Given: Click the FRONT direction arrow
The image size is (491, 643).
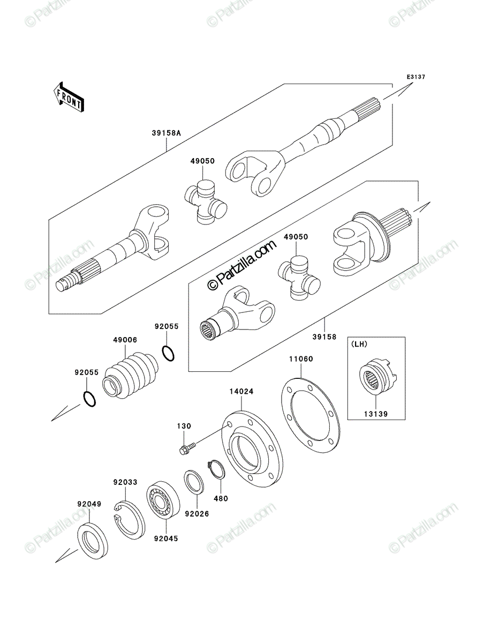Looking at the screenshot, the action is pyautogui.click(x=69, y=96).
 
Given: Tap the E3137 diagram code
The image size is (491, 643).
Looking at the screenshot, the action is pyautogui.click(x=416, y=77).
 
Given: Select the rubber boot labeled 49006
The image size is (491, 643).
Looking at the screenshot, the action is pyautogui.click(x=130, y=376).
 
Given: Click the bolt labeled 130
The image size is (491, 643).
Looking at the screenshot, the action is pyautogui.click(x=187, y=449).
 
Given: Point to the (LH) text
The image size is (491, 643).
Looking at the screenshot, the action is pyautogui.click(x=359, y=344).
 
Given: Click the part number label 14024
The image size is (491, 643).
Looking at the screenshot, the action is pyautogui.click(x=241, y=391).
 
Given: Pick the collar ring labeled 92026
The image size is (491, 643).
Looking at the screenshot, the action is pyautogui.click(x=193, y=482).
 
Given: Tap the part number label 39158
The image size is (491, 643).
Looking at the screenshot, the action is pyautogui.click(x=324, y=337).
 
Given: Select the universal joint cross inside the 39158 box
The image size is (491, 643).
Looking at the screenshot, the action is pyautogui.click(x=299, y=278).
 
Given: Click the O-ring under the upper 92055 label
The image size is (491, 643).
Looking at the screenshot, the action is pyautogui.click(x=168, y=353).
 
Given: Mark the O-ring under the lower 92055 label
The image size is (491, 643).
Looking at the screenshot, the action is pyautogui.click(x=89, y=399).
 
